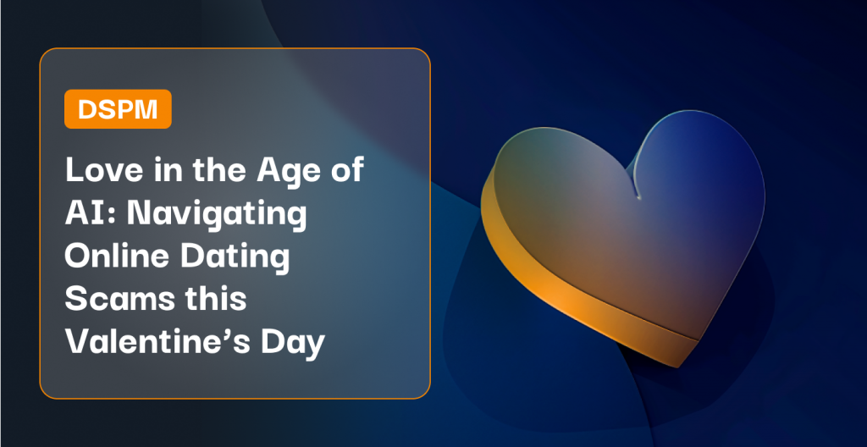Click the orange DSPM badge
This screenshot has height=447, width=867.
tap(118, 109)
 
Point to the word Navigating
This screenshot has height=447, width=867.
tap(217, 216)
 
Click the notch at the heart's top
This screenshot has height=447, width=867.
tap(638, 197)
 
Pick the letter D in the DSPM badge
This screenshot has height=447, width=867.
tap(87, 109)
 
